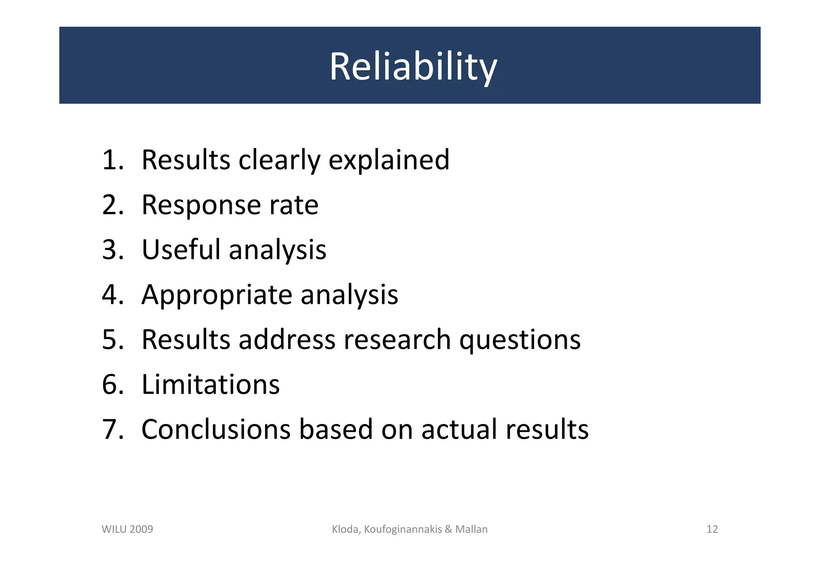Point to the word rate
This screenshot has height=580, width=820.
pyautogui.click(x=293, y=205)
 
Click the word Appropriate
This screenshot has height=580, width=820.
pyautogui.click(x=217, y=295)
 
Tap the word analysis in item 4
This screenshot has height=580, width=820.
pyautogui.click(x=349, y=295)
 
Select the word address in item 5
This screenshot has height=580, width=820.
pyautogui.click(x=287, y=340)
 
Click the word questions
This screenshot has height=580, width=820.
pyautogui.click(x=519, y=340)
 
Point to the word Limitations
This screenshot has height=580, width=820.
pyautogui.click(x=211, y=384)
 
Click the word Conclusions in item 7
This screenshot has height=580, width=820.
pyautogui.click(x=216, y=429)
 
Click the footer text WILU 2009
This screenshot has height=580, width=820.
pyautogui.click(x=127, y=529)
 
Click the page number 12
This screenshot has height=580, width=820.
pyautogui.click(x=712, y=529)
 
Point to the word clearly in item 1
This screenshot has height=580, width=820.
pyautogui.click(x=279, y=160)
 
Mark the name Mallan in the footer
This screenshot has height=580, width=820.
pyautogui.click(x=471, y=529)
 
